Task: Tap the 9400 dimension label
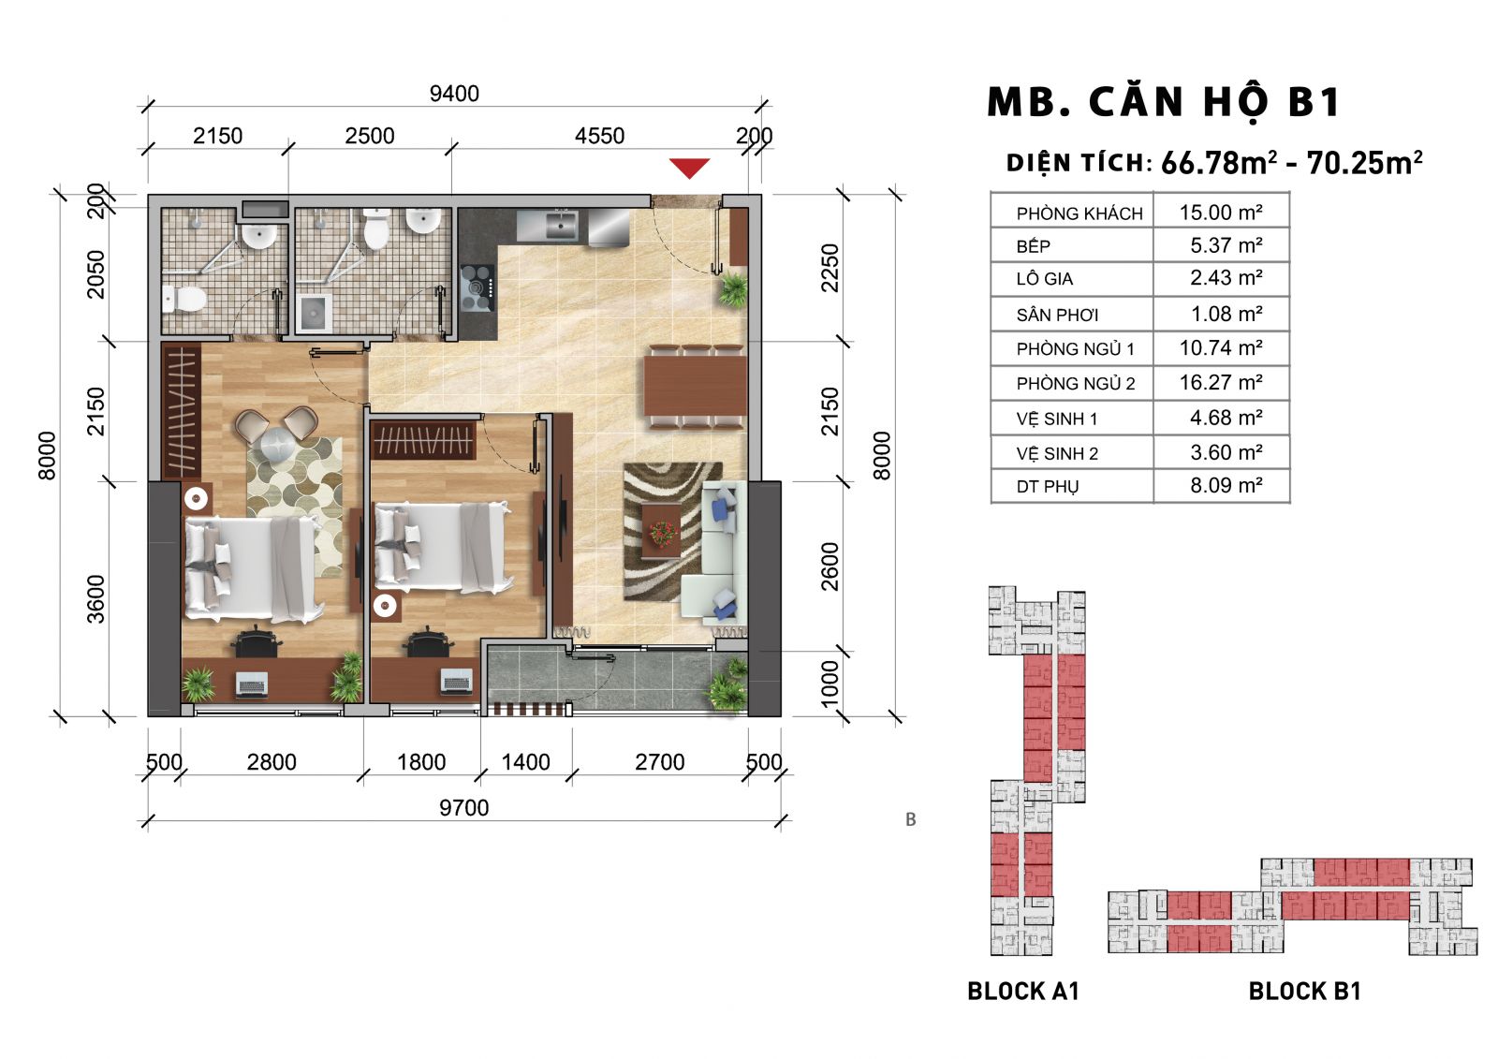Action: [x=454, y=94]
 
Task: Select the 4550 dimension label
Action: [x=599, y=136]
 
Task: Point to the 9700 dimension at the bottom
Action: [x=463, y=807]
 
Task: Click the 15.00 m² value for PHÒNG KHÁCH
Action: [x=1221, y=212]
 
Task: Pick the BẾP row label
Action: [x=1034, y=246]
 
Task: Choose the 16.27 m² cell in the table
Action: [x=1221, y=382]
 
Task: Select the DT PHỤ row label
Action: [x=1048, y=486]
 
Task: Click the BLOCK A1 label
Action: [x=1023, y=991]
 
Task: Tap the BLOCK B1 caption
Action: [x=1305, y=991]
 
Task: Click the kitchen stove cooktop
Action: [x=477, y=288]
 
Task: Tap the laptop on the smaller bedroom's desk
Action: [x=457, y=681]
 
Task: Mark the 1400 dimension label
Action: [x=525, y=762]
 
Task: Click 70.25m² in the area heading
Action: [x=1364, y=163]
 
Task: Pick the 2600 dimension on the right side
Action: [x=830, y=566]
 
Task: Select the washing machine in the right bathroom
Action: [x=314, y=312]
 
